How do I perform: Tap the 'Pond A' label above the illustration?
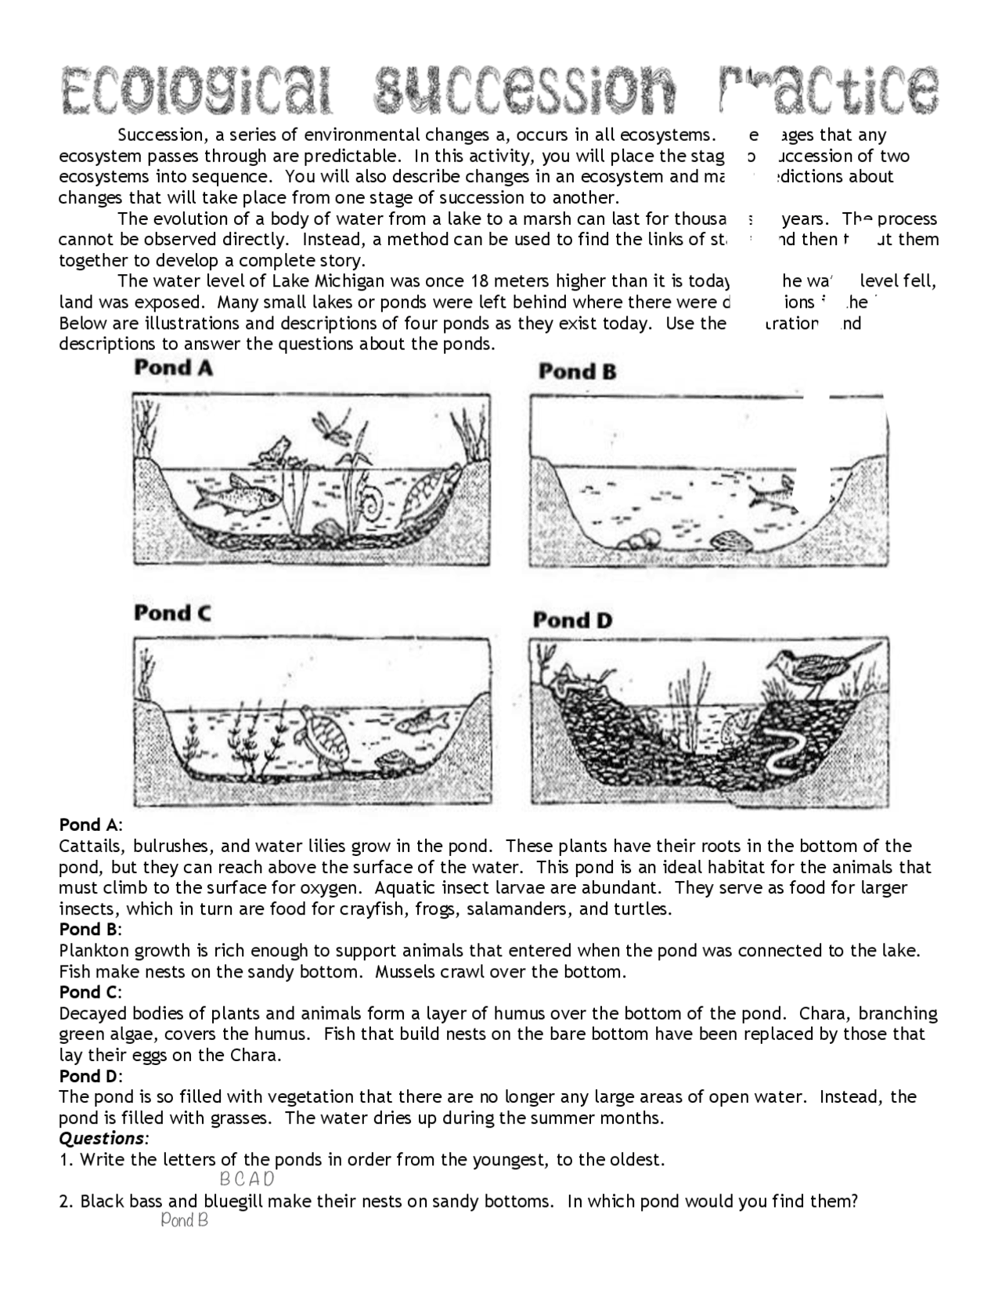pyautogui.click(x=173, y=368)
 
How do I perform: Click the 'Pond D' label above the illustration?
pyautogui.click(x=572, y=620)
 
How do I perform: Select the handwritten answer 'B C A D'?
pyautogui.click(x=247, y=1179)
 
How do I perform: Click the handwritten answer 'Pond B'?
pyautogui.click(x=184, y=1220)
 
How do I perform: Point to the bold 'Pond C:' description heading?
pyautogui.click(x=90, y=992)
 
